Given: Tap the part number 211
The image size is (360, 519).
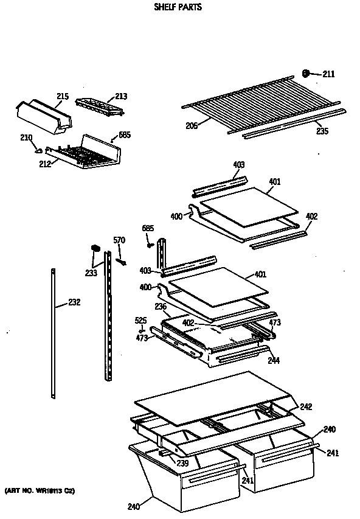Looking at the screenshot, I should coord(328,74).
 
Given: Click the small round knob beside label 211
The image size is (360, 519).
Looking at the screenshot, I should coord(306,74).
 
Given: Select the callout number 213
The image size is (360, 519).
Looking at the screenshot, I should coord(122,96).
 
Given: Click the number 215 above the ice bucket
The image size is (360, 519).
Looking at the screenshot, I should coord(63,97).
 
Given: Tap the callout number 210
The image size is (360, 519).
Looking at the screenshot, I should coord(26,138).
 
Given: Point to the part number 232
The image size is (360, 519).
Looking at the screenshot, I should coord(74,302).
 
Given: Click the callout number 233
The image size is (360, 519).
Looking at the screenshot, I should coord(91,273).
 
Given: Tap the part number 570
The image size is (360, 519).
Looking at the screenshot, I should coord(119,240).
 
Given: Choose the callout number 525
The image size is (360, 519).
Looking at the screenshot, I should coord(140,320).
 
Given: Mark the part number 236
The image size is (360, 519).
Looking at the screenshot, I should coord(160,307).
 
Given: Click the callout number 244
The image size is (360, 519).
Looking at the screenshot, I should coord(274,360).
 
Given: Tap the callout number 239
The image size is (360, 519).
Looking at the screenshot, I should coord(182,463).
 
